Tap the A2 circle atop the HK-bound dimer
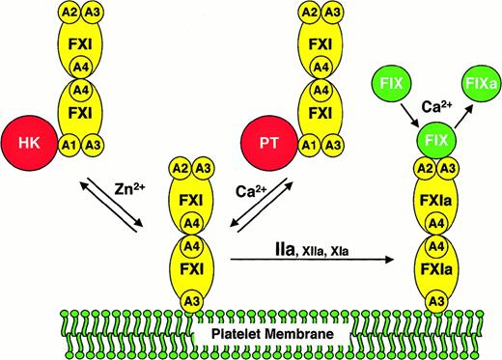pos(67,13)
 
